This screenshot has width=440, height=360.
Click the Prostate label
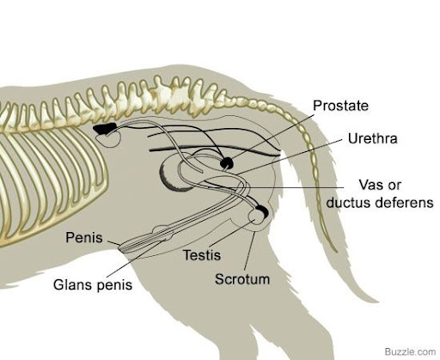pyautogui.click(x=340, y=106)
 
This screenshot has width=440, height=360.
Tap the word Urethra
pyautogui.click(x=372, y=138)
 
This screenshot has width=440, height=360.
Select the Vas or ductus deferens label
pyautogui.click(x=380, y=193)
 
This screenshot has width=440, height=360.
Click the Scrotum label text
pyautogui.click(x=242, y=279)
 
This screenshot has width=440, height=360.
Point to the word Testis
pyautogui.click(x=202, y=255)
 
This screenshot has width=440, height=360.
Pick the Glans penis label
pyautogui.click(x=93, y=284)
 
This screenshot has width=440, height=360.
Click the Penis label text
pyautogui.click(x=84, y=237)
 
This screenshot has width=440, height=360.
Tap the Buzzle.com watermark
pyautogui.click(x=410, y=351)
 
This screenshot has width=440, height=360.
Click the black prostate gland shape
pyautogui.click(x=227, y=163)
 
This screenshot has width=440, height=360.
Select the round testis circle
pyautogui.click(x=256, y=217)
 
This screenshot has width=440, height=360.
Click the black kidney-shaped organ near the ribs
pyautogui.click(x=105, y=128)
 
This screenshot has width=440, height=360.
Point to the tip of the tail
pyautogui.click(x=337, y=252)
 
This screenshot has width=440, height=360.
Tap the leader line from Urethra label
pyautogui.click(x=290, y=157)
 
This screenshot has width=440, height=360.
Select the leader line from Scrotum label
pyautogui.click(x=249, y=250)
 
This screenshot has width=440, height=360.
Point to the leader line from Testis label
pyautogui.click(x=231, y=234)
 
